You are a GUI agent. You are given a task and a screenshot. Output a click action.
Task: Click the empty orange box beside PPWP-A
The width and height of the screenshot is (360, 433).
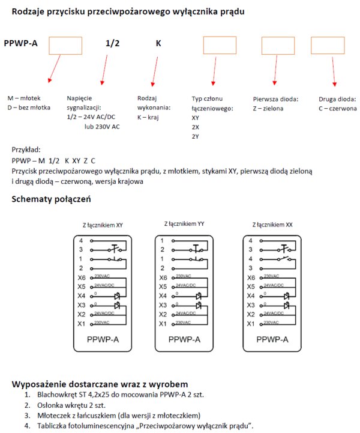65,46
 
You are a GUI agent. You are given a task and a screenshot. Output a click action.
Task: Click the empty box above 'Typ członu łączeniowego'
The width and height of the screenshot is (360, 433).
219,46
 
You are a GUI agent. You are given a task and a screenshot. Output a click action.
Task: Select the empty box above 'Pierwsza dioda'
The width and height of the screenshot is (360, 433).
278,46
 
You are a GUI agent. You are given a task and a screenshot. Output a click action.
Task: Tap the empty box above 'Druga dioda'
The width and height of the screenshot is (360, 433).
327,46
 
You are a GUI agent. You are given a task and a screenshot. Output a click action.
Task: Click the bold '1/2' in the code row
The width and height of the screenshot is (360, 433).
113,43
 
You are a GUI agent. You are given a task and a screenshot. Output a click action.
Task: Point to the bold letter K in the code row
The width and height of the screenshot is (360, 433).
158,43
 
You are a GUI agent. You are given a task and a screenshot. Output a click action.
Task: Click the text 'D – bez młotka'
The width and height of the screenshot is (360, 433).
29,107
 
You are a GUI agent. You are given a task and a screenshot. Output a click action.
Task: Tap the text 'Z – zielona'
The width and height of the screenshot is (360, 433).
268,109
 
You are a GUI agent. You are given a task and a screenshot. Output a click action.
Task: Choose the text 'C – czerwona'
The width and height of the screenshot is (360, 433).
338,109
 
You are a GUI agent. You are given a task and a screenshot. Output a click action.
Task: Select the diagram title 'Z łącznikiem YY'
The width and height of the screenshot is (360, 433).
184,224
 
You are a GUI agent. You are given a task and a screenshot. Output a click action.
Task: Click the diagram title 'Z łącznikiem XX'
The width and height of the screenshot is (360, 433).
272,225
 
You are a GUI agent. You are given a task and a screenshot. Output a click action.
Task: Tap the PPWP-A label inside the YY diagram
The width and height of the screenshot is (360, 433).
184,340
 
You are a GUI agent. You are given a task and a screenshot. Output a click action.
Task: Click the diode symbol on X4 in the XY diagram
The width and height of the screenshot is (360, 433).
117,297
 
